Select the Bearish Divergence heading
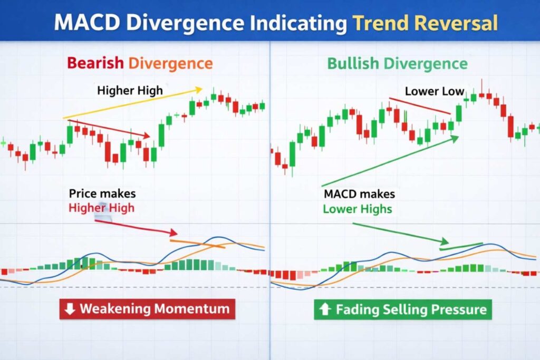click(140, 64)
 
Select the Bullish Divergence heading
click(397, 64)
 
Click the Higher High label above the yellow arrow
click(130, 91)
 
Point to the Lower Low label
click(434, 91)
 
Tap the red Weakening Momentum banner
click(147, 309)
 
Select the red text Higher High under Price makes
click(101, 208)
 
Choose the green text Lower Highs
click(358, 209)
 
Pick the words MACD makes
click(359, 194)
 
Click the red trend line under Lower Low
click(420, 105)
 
